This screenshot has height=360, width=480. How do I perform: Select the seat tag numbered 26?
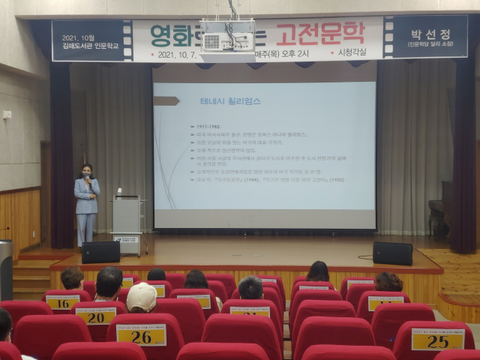(141, 334)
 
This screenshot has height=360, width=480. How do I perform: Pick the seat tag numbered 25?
(437, 339)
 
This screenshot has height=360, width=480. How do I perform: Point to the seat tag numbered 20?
(96, 316)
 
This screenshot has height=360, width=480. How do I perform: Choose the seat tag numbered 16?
(62, 301)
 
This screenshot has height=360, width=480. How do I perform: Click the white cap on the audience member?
(141, 296)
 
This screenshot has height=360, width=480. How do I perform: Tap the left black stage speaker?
(100, 252)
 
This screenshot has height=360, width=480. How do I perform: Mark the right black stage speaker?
(392, 253)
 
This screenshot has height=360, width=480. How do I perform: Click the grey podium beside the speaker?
(126, 217)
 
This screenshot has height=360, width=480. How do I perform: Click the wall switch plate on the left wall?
(7, 115)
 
